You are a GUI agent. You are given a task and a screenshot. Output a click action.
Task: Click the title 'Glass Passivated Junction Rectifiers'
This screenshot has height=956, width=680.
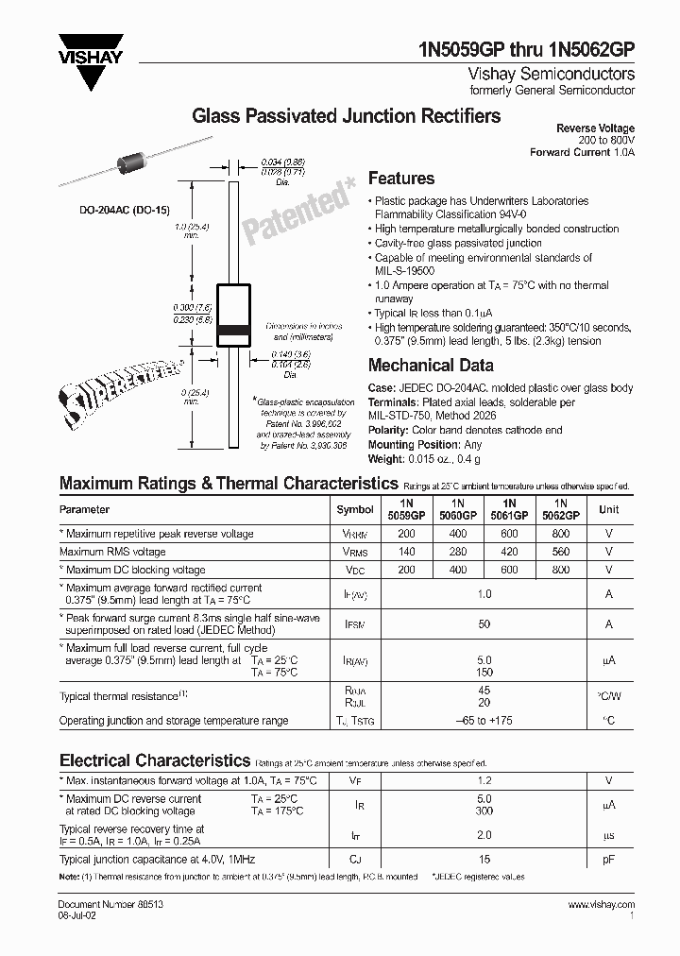(347, 116)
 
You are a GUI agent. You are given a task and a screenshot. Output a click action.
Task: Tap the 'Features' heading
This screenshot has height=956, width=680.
(400, 179)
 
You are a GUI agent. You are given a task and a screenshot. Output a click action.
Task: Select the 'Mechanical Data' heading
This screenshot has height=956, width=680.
(430, 366)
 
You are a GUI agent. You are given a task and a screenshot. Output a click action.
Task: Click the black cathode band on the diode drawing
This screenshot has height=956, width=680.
(234, 330)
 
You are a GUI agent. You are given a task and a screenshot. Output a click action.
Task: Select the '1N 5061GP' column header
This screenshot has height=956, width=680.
(509, 509)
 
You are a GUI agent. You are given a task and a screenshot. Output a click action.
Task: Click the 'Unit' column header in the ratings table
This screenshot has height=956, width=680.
(609, 509)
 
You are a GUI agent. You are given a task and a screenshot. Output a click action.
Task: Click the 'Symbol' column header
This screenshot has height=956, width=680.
(355, 509)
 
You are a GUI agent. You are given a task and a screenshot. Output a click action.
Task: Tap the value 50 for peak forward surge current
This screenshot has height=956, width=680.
(484, 624)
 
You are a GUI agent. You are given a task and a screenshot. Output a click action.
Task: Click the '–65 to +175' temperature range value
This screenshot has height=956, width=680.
(484, 721)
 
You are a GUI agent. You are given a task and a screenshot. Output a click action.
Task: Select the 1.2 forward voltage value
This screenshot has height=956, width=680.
(484, 780)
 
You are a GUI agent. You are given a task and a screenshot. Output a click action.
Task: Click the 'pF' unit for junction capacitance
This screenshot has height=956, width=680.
(609, 862)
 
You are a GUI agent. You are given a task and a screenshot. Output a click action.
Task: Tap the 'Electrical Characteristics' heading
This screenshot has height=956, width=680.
(155, 760)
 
